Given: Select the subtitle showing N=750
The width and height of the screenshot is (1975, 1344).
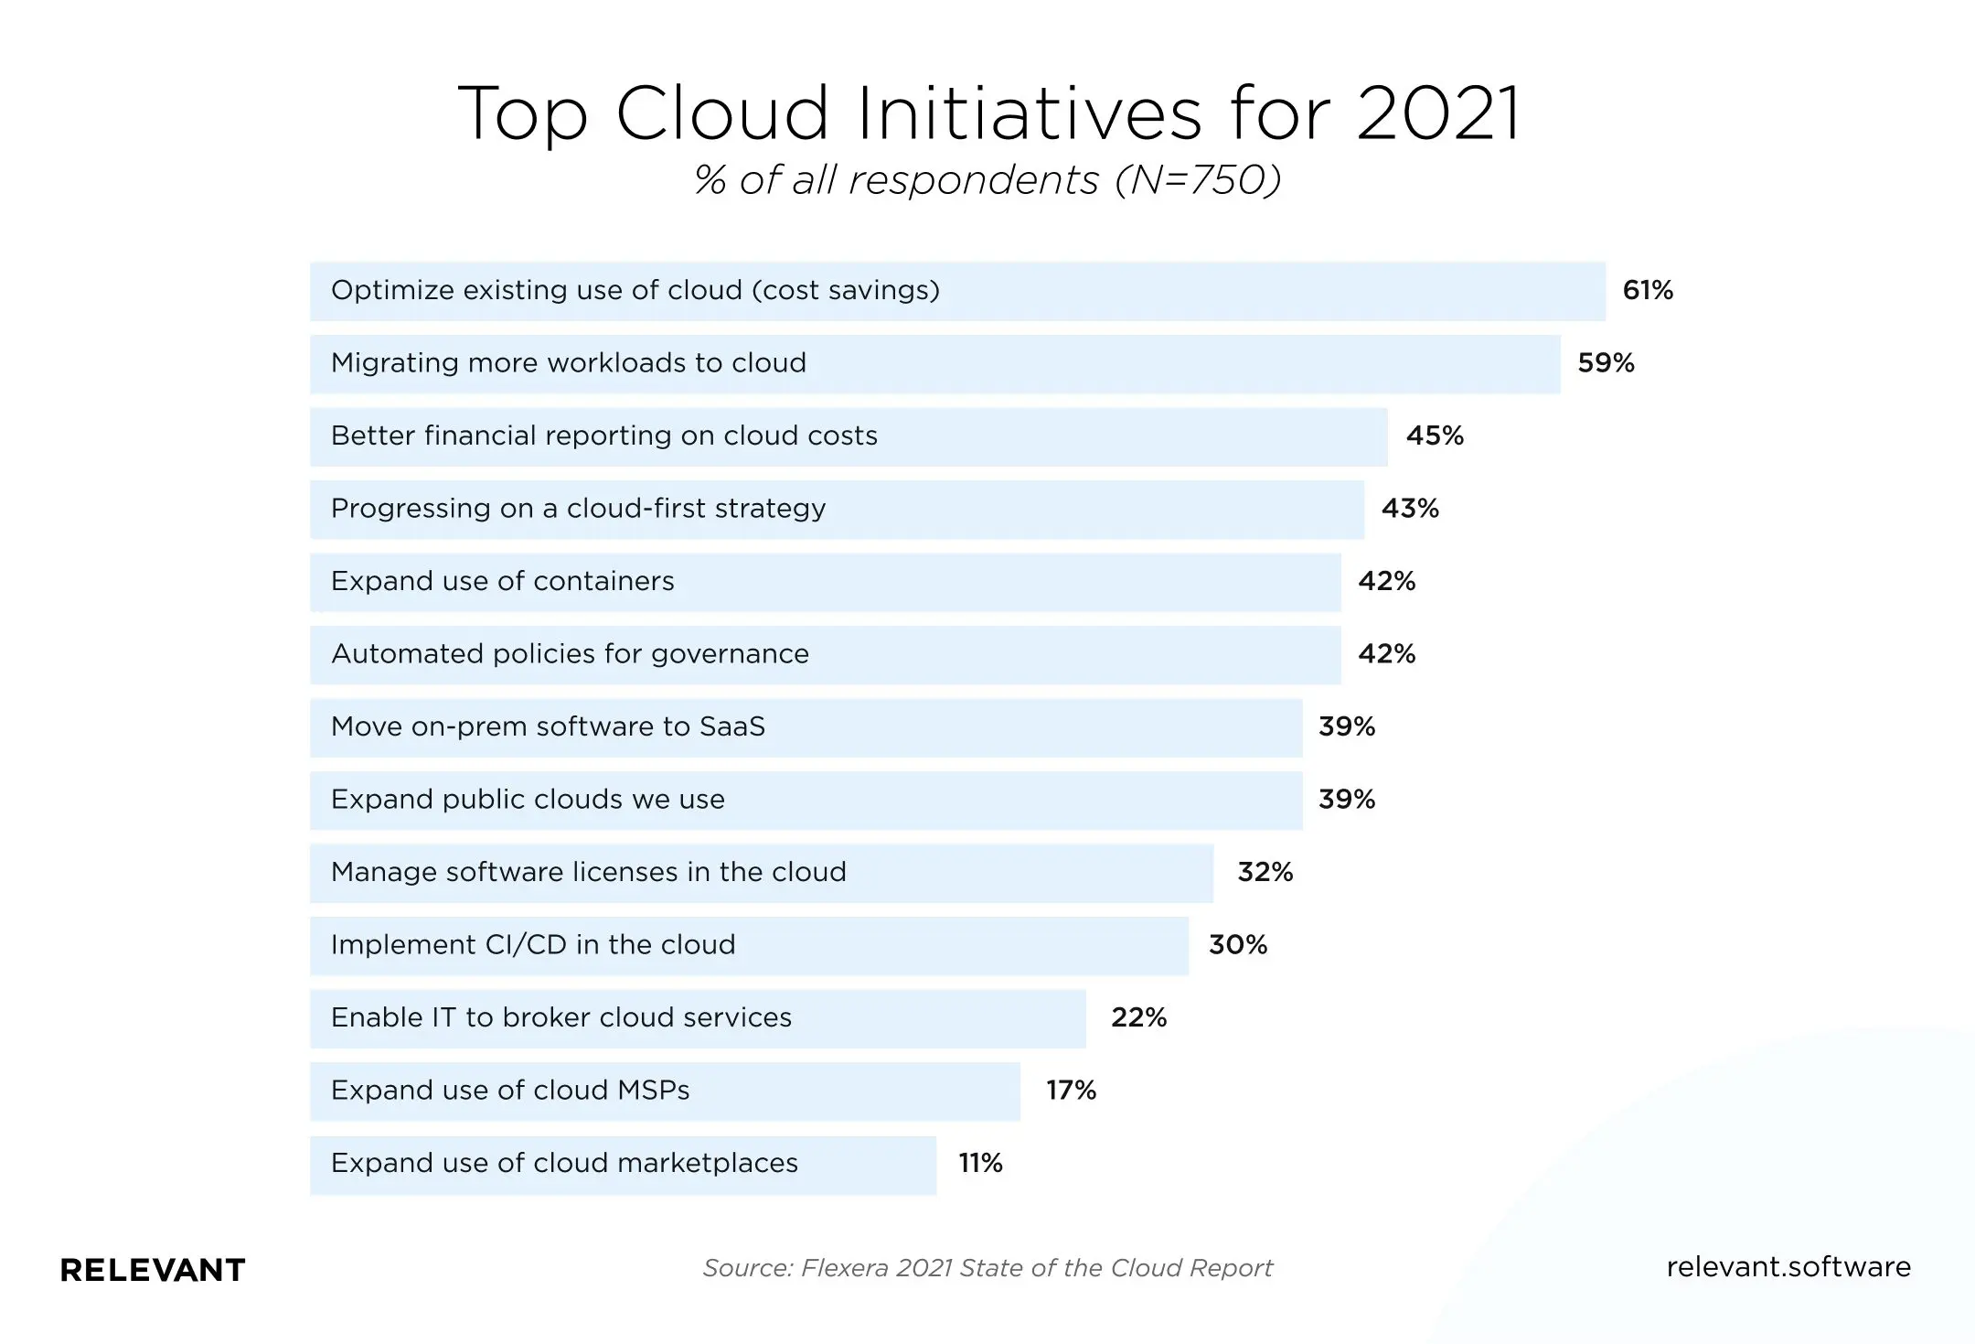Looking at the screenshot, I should [x=987, y=180].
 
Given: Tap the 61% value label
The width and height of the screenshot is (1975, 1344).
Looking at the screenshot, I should [x=1648, y=291].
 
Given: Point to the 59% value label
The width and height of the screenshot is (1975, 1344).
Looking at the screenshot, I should [x=1606, y=363].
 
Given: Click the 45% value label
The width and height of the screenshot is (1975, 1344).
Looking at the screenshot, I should [x=1435, y=435].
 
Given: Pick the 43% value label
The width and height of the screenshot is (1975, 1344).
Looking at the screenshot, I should [x=1410, y=509].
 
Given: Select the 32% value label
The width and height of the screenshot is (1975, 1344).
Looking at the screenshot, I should [x=1265, y=872].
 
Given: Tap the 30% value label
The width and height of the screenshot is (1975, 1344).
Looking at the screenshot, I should [x=1238, y=945].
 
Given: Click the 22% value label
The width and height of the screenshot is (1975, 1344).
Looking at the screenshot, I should [x=1138, y=1017].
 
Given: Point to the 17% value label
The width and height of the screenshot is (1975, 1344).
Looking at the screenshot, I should [x=1071, y=1091].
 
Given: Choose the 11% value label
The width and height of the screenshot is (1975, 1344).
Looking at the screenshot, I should [x=980, y=1163].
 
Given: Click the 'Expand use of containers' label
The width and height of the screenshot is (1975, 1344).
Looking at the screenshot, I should [x=502, y=581].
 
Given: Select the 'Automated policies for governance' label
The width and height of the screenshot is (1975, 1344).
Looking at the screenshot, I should [x=570, y=654].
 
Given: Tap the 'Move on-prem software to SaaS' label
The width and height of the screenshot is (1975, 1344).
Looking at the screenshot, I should [x=548, y=726].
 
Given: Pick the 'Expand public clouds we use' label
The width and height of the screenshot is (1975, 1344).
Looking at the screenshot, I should [x=528, y=800].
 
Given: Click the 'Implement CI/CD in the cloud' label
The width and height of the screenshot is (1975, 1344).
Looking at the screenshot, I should [x=533, y=945].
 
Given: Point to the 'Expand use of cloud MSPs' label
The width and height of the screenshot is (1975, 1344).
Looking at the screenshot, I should [x=510, y=1091].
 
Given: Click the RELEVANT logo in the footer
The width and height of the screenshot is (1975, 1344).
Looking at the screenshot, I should [x=153, y=1270].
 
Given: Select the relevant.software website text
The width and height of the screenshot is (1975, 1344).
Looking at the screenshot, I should [x=1788, y=1267].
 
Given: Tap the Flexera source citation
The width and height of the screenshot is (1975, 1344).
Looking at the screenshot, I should [x=987, y=1268].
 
